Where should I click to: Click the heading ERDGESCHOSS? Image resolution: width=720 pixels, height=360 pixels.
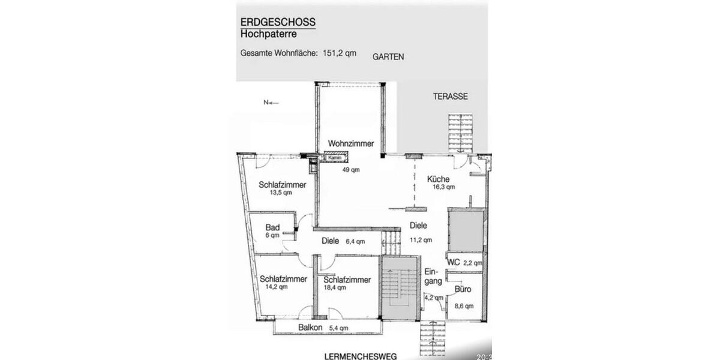click(278, 22)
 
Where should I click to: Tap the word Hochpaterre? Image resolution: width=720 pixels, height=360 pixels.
click(268, 34)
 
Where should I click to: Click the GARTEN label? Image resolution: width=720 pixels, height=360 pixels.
click(388, 57)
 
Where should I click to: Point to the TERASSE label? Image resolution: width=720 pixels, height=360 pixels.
click(451, 96)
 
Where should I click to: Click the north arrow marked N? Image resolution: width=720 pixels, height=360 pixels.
click(271, 103)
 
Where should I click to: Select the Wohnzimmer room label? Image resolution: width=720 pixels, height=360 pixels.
click(351, 144)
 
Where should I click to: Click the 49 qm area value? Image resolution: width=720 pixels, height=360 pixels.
click(351, 170)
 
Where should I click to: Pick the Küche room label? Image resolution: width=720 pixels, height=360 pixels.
click(438, 179)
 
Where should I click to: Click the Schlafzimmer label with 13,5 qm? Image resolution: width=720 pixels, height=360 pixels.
click(283, 185)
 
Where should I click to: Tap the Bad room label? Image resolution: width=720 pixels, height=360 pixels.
click(272, 227)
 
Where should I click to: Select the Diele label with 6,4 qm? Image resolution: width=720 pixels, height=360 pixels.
click(331, 242)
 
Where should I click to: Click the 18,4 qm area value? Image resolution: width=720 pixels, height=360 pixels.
click(335, 287)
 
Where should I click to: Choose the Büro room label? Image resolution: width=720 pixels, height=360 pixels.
click(463, 289)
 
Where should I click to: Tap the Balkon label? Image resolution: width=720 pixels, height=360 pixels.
click(310, 328)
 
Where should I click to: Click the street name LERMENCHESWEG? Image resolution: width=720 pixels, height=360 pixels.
click(360, 356)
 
